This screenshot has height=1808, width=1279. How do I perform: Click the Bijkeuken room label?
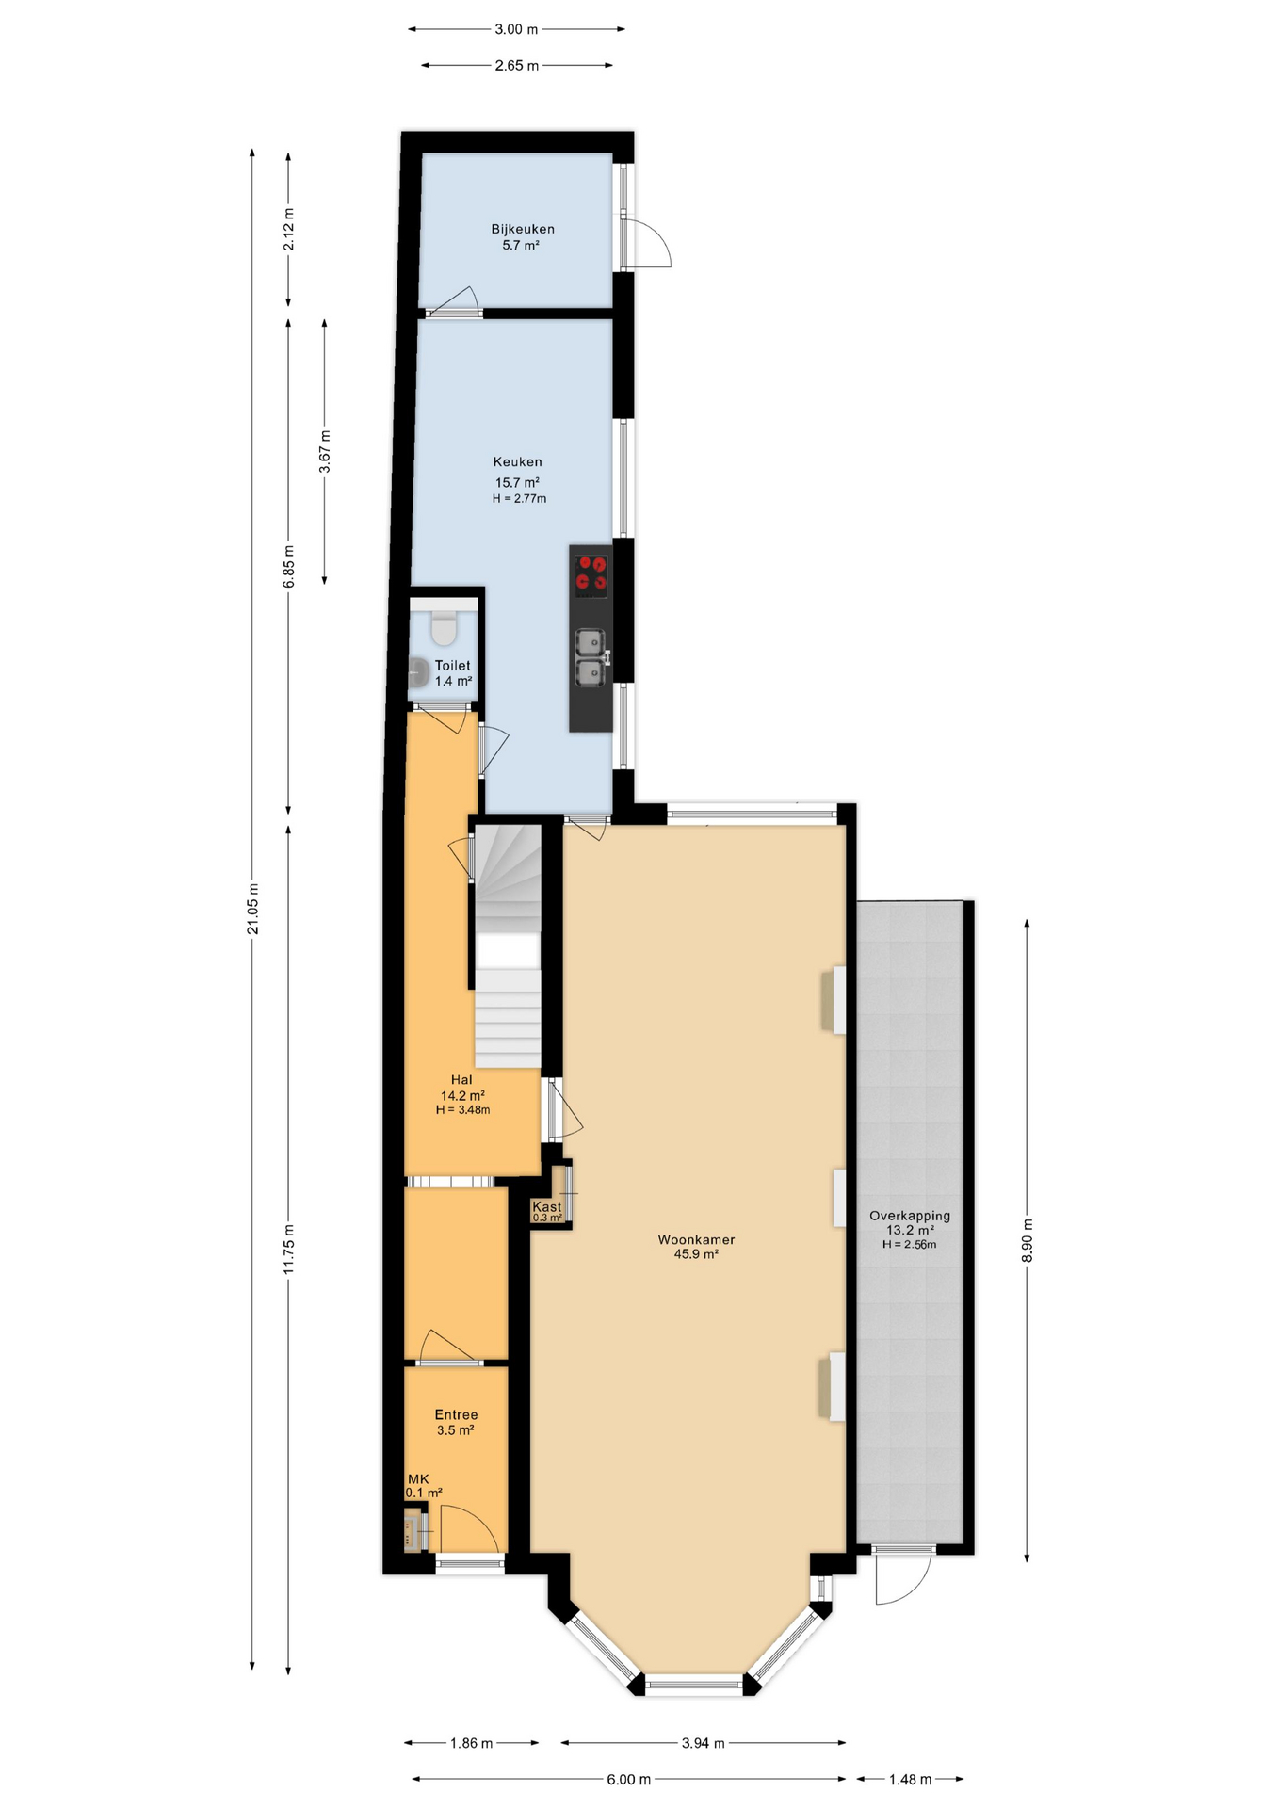(523, 229)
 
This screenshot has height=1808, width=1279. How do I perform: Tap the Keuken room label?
(517, 461)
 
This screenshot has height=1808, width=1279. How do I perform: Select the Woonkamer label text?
(696, 1239)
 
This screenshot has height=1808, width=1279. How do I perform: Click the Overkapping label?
(910, 1216)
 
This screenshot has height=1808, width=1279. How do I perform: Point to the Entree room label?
(456, 1414)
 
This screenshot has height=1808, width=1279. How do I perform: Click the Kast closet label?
(547, 1206)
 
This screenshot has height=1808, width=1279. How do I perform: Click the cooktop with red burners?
(591, 575)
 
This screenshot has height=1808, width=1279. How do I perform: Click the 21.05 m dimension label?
(252, 909)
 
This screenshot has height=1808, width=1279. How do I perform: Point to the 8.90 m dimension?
(1028, 1241)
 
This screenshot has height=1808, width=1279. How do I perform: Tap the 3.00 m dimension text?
(516, 29)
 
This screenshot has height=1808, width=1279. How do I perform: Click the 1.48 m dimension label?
(910, 1779)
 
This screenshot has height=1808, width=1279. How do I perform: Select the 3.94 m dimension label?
(704, 1743)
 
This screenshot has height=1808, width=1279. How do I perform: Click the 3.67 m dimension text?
(325, 451)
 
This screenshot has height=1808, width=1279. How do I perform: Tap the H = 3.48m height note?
(462, 1109)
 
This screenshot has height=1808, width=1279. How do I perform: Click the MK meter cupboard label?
(418, 1479)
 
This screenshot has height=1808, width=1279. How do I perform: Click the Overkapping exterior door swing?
(903, 1575)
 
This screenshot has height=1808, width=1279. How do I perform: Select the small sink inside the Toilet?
(418, 671)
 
